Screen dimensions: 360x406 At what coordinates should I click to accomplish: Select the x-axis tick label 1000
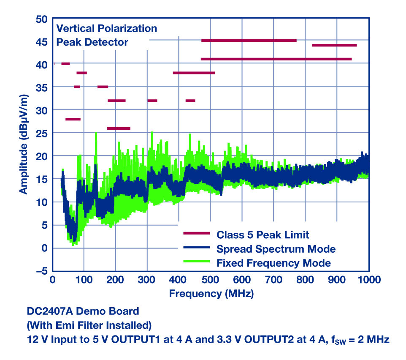(x=370, y=280)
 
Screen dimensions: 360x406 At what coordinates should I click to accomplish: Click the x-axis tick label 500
(x=210, y=280)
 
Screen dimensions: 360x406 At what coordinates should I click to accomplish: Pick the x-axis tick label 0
(x=52, y=280)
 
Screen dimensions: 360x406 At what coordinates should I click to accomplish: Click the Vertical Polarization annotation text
(x=107, y=29)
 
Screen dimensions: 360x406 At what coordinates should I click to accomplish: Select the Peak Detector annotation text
(x=92, y=42)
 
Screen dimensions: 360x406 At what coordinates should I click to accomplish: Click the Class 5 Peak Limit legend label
(x=263, y=235)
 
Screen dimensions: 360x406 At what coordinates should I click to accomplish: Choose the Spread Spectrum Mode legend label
(x=276, y=248)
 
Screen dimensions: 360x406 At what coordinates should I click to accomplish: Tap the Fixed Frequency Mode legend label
(x=273, y=263)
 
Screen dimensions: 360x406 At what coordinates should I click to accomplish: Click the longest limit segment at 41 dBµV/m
(x=276, y=59)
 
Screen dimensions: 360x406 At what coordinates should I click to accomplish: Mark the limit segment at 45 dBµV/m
(x=249, y=41)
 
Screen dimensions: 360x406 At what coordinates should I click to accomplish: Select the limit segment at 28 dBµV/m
(x=73, y=119)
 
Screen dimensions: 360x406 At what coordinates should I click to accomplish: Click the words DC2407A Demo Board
(x=83, y=311)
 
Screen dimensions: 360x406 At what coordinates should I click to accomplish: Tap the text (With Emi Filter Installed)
(x=89, y=325)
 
